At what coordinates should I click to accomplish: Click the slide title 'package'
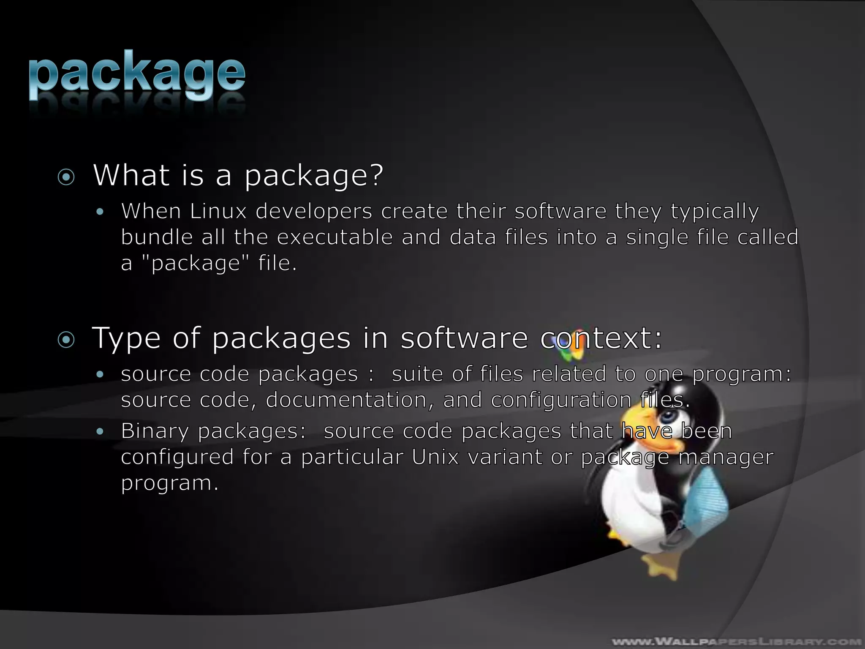point(137,75)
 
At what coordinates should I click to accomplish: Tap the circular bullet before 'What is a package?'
point(66,177)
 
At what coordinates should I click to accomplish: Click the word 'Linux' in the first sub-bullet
point(218,211)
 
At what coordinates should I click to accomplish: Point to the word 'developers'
point(314,211)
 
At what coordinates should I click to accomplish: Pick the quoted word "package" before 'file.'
point(195,264)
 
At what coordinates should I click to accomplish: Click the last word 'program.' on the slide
point(170,483)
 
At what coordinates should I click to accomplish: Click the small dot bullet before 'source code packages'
point(100,374)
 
